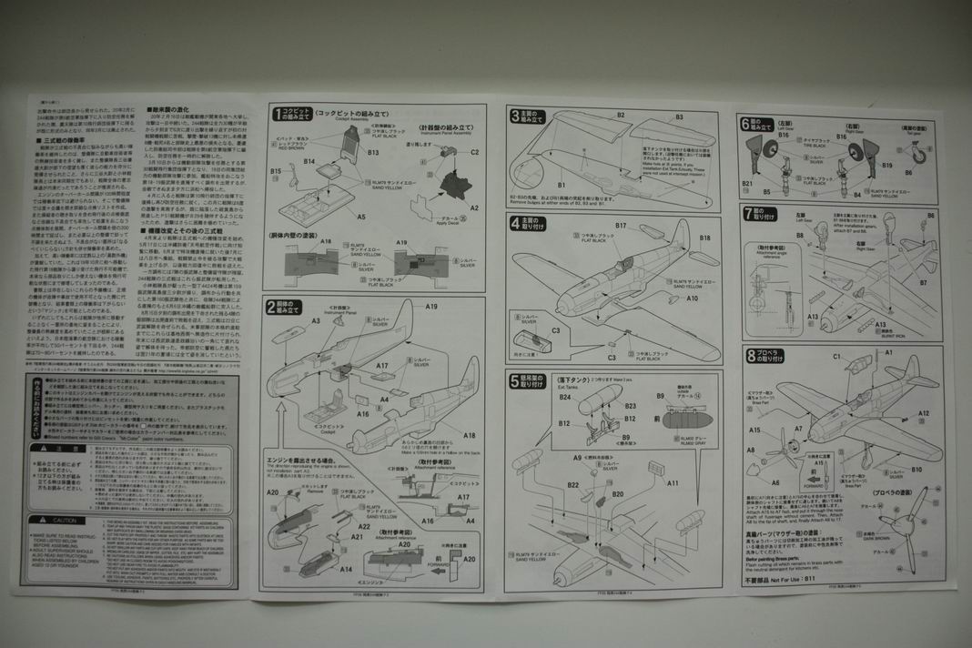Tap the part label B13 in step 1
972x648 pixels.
[373, 152]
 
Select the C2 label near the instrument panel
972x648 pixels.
[474, 152]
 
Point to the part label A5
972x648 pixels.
[361, 218]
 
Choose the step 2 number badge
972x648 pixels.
[270, 307]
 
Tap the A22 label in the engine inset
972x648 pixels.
[364, 526]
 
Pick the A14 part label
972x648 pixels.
[346, 569]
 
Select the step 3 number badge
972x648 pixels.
[514, 115]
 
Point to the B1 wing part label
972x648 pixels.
[562, 185]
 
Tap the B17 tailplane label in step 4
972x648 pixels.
[621, 225]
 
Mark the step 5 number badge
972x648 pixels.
[514, 378]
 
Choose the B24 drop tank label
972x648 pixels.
[565, 397]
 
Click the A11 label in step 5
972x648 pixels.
[672, 483]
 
